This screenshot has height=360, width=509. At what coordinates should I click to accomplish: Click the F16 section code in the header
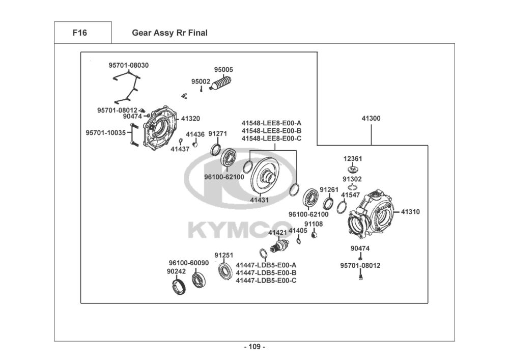pos(79,33)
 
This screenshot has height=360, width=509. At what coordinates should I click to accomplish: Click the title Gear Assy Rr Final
pos(169,33)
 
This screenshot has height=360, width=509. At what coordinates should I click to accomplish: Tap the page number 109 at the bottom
pos(254,347)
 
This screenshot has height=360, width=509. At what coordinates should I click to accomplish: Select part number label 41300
pos(371,119)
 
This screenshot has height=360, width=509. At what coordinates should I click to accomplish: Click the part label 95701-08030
pos(129,65)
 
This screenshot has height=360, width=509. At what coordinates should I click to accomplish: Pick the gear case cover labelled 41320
pos(160,128)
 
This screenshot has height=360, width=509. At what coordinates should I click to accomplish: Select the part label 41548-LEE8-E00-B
pos(271,131)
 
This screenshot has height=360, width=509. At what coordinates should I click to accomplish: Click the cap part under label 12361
pos(353,169)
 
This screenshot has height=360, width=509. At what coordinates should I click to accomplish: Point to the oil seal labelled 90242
pos(179,287)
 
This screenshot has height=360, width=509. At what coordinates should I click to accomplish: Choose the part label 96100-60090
pos(189,263)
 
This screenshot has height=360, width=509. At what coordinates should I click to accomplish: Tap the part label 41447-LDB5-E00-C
pos(266,281)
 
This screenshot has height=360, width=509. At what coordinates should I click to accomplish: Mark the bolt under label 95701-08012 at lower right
pos(361,276)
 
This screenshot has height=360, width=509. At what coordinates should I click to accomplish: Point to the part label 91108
pos(314,224)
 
